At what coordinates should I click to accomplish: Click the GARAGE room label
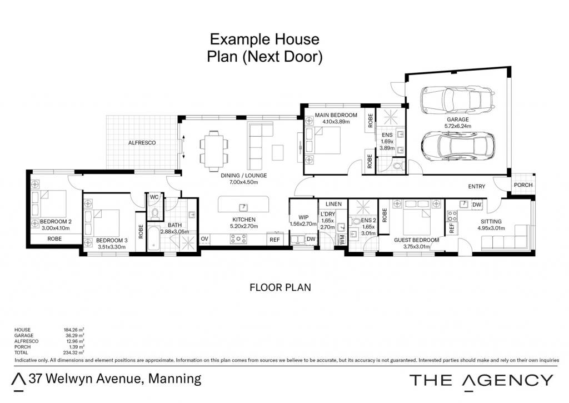pyautogui.click(x=458, y=120)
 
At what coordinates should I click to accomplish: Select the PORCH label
pyautogui.click(x=523, y=185)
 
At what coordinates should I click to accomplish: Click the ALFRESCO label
pyautogui.click(x=142, y=143)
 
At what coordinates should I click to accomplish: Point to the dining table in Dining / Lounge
pyautogui.click(x=214, y=151)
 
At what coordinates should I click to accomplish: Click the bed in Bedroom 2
pyautogui.click(x=49, y=209)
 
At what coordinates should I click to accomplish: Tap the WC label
pyautogui.click(x=154, y=197)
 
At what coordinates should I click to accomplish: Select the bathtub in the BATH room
pyautogui.click(x=153, y=238)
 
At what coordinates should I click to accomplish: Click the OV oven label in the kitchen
pyautogui.click(x=204, y=238)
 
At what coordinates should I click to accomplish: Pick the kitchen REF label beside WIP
pyautogui.click(x=274, y=240)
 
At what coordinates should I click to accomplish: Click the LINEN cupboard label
pyautogui.click(x=333, y=204)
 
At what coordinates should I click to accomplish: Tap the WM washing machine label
pyautogui.click(x=342, y=240)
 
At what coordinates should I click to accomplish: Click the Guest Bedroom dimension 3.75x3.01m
pyautogui.click(x=417, y=247)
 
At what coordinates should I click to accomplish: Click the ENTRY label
pyautogui.click(x=476, y=186)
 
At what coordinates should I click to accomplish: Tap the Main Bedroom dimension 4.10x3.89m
pyautogui.click(x=336, y=122)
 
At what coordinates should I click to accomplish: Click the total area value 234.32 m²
pyautogui.click(x=74, y=352)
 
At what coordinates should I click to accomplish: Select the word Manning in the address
pyautogui.click(x=175, y=379)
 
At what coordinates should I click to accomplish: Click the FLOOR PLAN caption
pyautogui.click(x=280, y=287)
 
